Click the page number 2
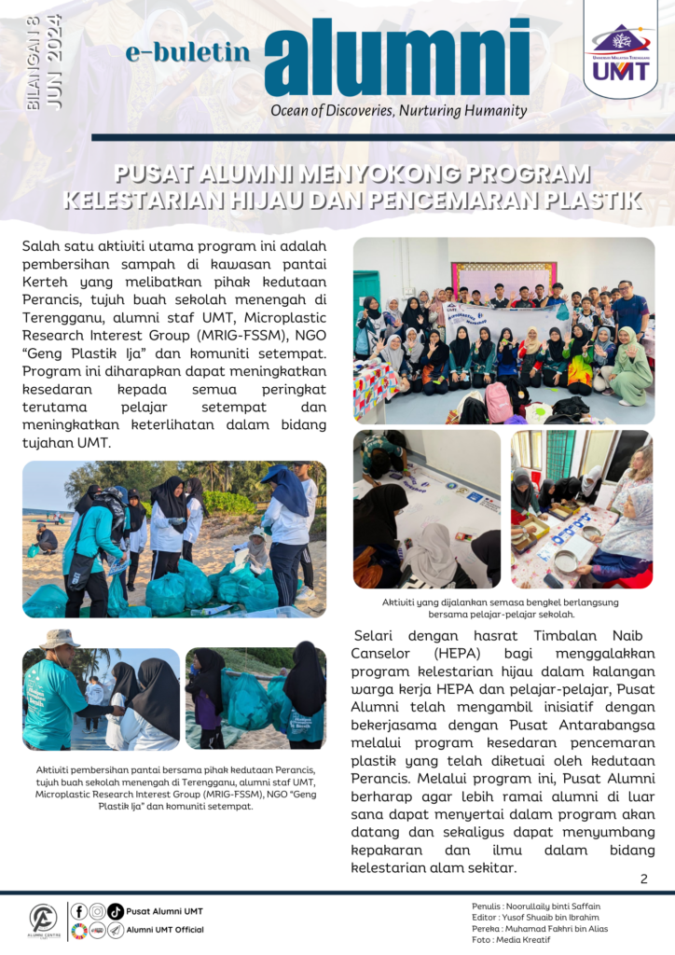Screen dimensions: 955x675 [643, 879]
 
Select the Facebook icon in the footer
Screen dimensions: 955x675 [79, 911]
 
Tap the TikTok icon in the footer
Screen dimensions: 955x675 [116, 911]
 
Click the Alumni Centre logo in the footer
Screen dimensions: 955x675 [43, 920]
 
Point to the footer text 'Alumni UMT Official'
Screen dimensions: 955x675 [165, 930]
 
